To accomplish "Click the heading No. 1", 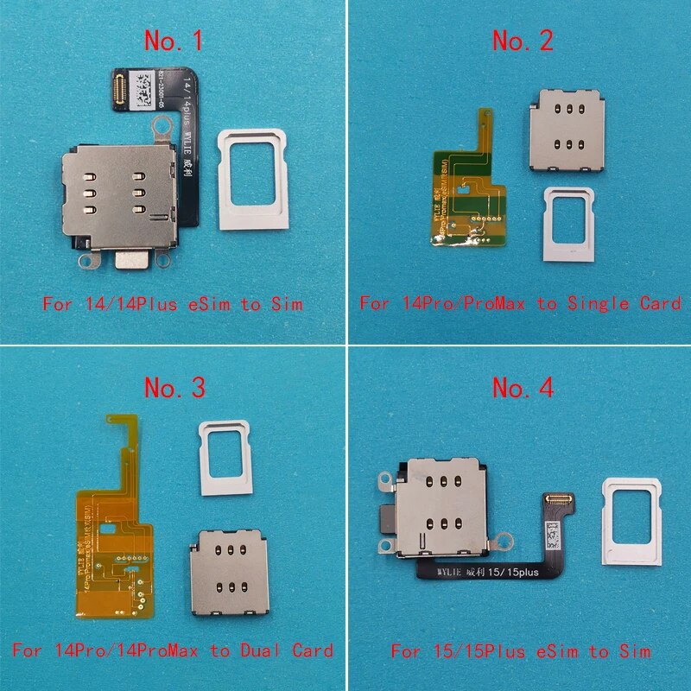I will tap(173, 41).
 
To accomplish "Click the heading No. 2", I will tap(523, 41).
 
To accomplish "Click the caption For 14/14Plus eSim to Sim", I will tap(172, 303).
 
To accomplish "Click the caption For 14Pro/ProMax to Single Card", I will tap(521, 303).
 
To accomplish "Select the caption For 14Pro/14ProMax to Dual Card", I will tap(172, 650).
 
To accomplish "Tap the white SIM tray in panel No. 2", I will tap(567, 219).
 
